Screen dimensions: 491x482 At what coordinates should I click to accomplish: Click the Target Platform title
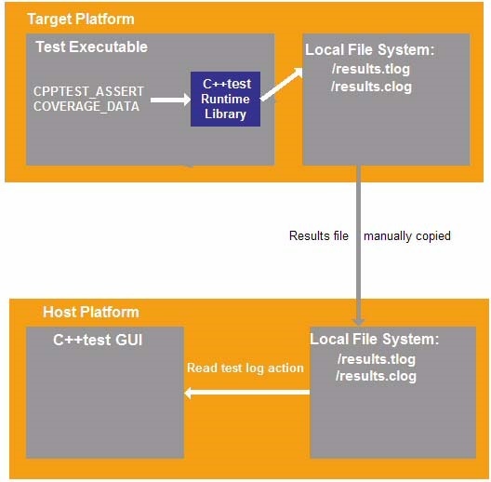pos(81,20)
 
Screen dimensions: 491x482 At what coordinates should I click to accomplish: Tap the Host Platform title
pos(91,312)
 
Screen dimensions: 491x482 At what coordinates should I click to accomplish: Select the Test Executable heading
pos(91,47)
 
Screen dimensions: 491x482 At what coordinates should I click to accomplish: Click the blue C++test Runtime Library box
pos(225,99)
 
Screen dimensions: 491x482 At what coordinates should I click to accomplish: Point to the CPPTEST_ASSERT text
pos(88,91)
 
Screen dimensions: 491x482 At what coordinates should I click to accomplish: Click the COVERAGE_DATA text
pos(86,106)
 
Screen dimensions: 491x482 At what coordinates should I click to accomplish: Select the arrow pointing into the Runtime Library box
pos(171,100)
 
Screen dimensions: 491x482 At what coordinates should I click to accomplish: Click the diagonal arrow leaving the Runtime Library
pos(282,85)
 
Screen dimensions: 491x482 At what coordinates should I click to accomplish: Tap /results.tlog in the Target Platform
pos(371,69)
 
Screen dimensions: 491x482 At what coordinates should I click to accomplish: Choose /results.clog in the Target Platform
pos(371,87)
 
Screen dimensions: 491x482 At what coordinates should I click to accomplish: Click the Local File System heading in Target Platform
pos(370,50)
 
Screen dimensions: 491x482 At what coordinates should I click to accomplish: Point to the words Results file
pos(319,235)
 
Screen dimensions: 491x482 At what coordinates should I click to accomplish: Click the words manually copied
pos(407,236)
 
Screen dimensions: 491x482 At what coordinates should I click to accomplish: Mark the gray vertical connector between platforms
pos(359,246)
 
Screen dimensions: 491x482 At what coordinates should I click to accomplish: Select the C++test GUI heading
pos(98,340)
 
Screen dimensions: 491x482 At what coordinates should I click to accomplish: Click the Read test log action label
pos(245,368)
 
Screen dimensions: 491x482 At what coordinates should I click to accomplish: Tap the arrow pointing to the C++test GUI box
pos(247,393)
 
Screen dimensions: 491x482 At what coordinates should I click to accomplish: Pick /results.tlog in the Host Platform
pos(377,359)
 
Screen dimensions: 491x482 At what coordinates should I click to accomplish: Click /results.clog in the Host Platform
pos(376,376)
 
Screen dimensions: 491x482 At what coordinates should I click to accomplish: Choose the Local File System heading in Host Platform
pos(375,339)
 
